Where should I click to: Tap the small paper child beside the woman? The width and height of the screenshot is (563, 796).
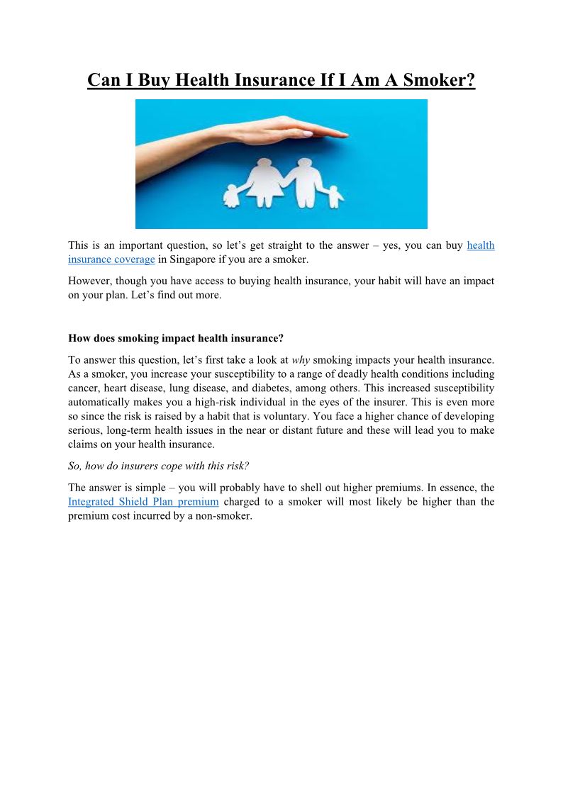tap(233, 195)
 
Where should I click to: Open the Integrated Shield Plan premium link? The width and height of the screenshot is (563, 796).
tap(143, 502)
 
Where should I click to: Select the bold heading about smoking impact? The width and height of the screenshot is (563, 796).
tap(175, 339)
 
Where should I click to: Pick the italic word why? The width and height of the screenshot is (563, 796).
tap(301, 360)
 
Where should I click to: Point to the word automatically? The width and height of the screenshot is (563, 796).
tap(100, 403)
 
